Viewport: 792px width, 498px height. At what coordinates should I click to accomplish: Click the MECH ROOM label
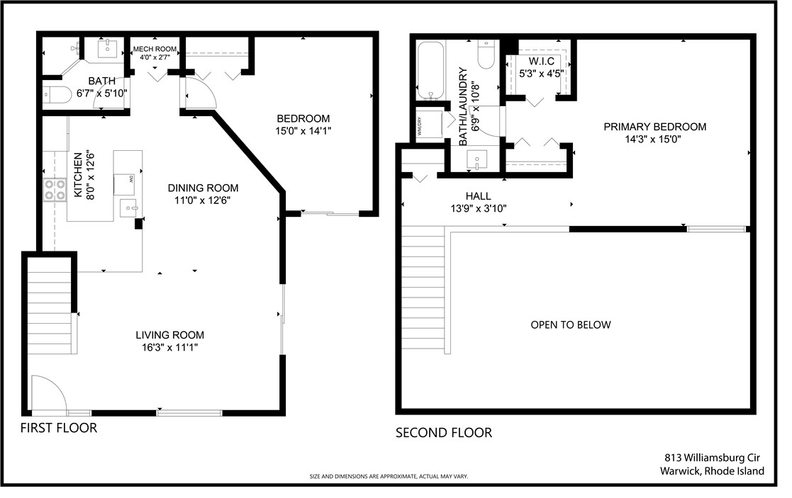pyautogui.click(x=155, y=49)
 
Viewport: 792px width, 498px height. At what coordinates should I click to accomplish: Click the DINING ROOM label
pyautogui.click(x=203, y=188)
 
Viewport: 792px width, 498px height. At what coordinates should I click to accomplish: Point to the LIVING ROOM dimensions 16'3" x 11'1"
pyautogui.click(x=169, y=347)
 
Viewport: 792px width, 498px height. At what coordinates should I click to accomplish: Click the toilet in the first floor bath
pyautogui.click(x=54, y=94)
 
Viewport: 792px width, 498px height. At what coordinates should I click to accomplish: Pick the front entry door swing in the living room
pyautogui.click(x=48, y=392)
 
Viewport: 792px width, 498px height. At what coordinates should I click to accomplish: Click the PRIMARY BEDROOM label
pyautogui.click(x=654, y=127)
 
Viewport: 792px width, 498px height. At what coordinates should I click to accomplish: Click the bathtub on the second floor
pyautogui.click(x=430, y=71)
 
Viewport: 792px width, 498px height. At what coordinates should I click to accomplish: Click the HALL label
pyautogui.click(x=478, y=196)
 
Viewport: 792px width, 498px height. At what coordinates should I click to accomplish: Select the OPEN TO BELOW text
pyautogui.click(x=570, y=325)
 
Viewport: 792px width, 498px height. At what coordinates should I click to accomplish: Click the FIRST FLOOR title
pyautogui.click(x=58, y=428)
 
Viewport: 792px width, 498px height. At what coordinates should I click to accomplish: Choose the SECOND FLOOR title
pyautogui.click(x=443, y=433)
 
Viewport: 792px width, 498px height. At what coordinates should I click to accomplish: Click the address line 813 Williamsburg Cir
pyautogui.click(x=714, y=458)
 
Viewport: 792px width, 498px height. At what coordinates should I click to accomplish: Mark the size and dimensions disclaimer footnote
pyautogui.click(x=389, y=477)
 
